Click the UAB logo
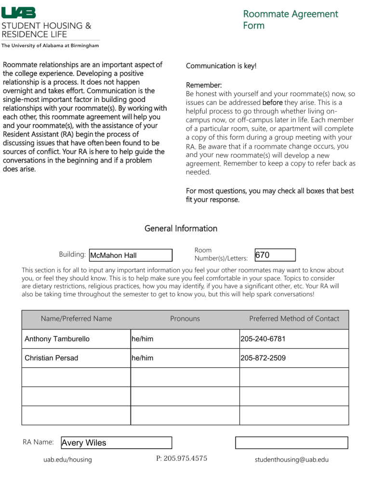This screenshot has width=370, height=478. point(19,13)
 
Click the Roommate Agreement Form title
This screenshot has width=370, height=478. point(290,20)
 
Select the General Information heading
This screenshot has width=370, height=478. point(181,228)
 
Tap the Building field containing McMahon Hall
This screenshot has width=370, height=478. point(131,255)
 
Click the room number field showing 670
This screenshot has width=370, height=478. point(274,255)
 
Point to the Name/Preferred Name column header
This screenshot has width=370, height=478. point(76,319)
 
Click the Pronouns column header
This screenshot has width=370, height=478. point(185,319)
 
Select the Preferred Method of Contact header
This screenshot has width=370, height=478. point(294,319)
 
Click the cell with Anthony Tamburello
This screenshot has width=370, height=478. point(76,339)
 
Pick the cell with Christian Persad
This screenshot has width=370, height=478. point(76,358)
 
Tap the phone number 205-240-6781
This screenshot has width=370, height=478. point(294,339)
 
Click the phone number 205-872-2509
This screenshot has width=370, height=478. point(294,358)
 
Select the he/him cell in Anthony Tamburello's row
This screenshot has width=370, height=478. point(185,339)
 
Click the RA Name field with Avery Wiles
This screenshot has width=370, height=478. point(116,443)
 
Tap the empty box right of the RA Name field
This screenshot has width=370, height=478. point(291,443)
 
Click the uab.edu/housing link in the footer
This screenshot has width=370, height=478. point(67,460)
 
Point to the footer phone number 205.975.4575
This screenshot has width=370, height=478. point(182,458)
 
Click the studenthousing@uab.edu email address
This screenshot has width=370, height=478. point(291,460)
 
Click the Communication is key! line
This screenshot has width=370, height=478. point(221,66)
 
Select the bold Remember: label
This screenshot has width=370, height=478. point(204,85)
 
